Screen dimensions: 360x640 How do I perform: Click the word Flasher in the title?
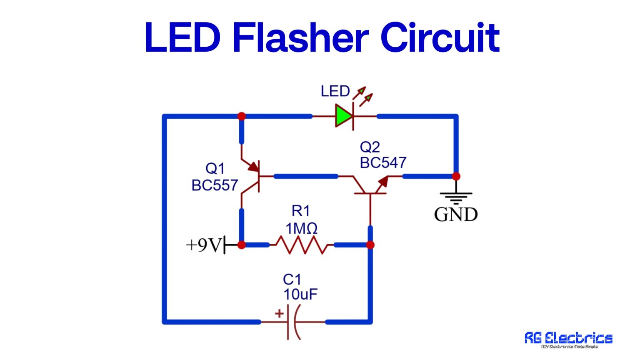[x=300, y=38]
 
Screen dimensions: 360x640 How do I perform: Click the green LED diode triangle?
[x=344, y=116]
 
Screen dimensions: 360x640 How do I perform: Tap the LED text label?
[x=335, y=91]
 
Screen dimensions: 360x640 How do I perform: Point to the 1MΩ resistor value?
[x=301, y=228]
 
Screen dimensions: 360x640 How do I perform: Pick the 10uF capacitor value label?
[x=300, y=295]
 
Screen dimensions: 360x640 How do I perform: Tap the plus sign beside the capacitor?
[x=279, y=313]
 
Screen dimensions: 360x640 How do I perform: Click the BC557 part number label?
[x=215, y=185]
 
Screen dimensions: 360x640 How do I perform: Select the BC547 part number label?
[x=383, y=162]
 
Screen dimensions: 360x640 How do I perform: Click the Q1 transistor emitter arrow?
[x=252, y=167]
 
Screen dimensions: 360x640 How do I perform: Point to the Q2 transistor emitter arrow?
[x=382, y=182]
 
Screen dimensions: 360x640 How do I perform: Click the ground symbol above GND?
[x=456, y=197]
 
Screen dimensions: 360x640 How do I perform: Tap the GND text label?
[x=456, y=215]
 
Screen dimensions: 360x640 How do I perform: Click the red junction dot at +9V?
[x=241, y=245]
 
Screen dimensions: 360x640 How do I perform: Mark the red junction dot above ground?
[x=456, y=176]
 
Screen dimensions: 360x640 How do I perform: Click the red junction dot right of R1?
[x=370, y=245]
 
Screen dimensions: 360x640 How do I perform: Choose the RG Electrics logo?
[x=568, y=339]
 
